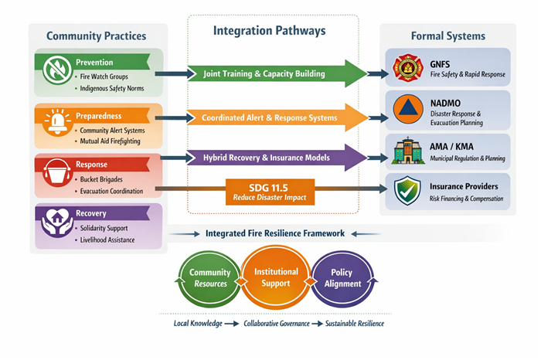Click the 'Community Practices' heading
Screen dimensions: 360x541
[96, 36]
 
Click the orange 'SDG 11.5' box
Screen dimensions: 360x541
[270, 192]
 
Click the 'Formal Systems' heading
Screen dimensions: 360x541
[449, 36]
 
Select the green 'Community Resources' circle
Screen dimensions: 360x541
[209, 278]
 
